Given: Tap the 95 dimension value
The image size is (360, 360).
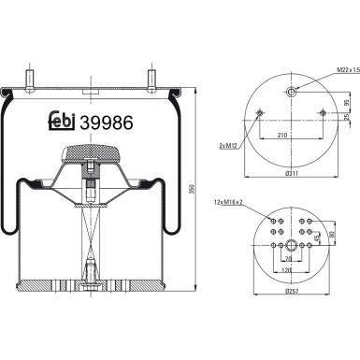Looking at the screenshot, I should [x=347, y=103].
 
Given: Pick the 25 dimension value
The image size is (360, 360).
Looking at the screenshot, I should [x=347, y=118].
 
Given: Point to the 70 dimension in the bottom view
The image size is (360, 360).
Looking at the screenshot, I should [x=293, y=258].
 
